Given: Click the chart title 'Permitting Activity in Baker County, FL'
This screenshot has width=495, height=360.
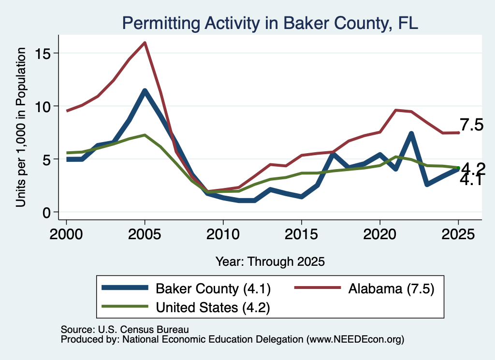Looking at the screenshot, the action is click(x=270, y=23).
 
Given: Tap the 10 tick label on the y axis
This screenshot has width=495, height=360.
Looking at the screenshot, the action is click(x=43, y=107).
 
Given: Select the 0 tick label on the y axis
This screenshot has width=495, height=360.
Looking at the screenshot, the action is click(x=46, y=213).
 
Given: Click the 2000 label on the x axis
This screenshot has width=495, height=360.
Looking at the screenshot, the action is click(x=66, y=234).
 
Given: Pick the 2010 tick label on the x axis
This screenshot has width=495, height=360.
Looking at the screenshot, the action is click(x=223, y=234).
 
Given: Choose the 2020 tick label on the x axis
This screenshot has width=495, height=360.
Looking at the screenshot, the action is click(x=380, y=234).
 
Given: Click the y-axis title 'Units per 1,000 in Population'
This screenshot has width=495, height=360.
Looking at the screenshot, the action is click(x=20, y=127).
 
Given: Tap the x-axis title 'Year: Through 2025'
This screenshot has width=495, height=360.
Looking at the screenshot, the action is click(x=270, y=261).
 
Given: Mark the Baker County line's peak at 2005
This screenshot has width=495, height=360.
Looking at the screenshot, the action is click(x=145, y=91).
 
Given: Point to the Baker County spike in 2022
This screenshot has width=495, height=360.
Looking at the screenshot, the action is click(x=411, y=134).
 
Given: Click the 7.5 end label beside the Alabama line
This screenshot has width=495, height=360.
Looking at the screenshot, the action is click(x=471, y=125).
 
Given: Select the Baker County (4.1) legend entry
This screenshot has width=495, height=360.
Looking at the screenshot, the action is click(x=186, y=288).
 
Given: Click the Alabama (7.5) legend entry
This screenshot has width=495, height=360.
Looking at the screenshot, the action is click(x=364, y=288).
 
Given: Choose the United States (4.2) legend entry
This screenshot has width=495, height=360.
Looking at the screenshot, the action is click(x=186, y=307).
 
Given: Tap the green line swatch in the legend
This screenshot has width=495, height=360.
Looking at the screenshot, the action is click(x=125, y=306).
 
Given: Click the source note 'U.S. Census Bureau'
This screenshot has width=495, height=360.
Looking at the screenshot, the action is click(x=143, y=330).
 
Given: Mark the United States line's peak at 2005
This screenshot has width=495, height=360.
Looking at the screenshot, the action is click(x=145, y=135).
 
